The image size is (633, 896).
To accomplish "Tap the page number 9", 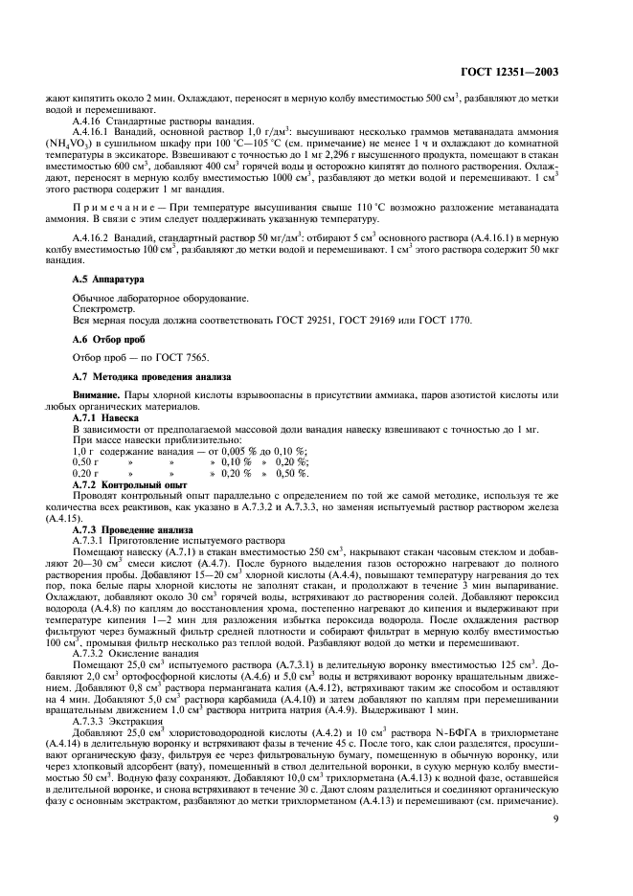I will click(x=556, y=818).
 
